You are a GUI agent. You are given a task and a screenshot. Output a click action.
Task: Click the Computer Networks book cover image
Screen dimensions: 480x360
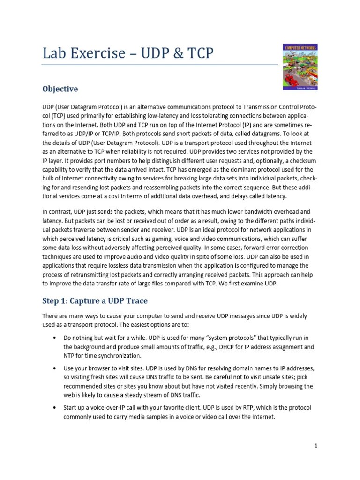pyautogui.click(x=300, y=67)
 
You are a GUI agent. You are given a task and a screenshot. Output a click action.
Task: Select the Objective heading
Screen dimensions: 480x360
pyautogui.click(x=60, y=89)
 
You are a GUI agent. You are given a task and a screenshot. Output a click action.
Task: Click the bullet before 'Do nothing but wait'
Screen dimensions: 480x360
pyautogui.click(x=56, y=337)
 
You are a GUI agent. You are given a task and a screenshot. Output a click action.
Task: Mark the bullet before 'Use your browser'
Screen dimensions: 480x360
pyautogui.click(x=56, y=368)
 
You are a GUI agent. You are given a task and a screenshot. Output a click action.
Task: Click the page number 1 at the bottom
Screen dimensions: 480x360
pyautogui.click(x=316, y=446)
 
